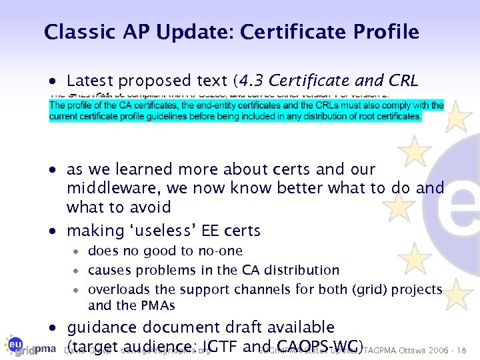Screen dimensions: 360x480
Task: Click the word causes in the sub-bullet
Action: [x=109, y=270]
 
